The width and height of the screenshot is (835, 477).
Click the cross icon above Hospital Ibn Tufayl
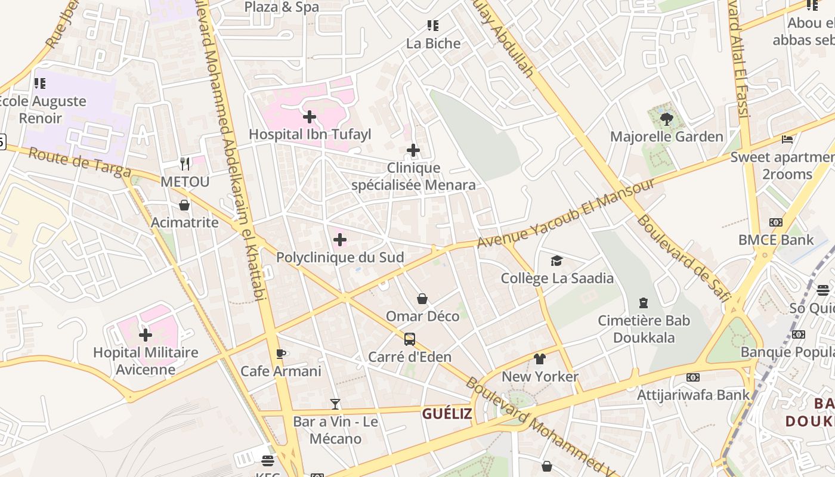click(310, 117)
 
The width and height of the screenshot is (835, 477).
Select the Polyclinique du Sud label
click(339, 258)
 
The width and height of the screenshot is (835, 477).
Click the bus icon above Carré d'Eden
click(410, 339)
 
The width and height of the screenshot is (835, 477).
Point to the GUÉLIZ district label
click(447, 414)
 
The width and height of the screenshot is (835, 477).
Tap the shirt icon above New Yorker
click(540, 359)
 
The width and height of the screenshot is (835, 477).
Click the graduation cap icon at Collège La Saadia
click(556, 261)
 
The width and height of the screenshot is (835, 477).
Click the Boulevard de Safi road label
click(684, 258)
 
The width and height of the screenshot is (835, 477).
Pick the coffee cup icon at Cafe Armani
click(281, 354)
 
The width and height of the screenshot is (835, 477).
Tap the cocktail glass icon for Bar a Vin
click(335, 404)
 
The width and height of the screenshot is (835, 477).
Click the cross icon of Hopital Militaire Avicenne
click(146, 335)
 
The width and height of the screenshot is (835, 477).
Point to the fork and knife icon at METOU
click(185, 163)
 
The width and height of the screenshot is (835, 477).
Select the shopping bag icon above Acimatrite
click(184, 205)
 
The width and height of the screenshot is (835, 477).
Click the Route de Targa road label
click(79, 162)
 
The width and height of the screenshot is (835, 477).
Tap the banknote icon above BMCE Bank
click(775, 222)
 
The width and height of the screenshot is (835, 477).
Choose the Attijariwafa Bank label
click(693, 395)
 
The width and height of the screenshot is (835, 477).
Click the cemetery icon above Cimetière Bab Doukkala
click(644, 303)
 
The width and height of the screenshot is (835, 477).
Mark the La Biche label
click(434, 44)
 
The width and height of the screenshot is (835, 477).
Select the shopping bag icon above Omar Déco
click(422, 299)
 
